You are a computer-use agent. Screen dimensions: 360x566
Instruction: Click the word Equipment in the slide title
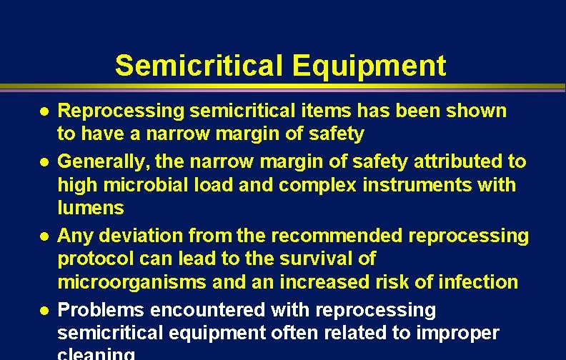[x=369, y=66]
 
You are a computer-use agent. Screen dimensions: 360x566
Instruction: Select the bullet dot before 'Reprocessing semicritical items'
[x=44, y=111]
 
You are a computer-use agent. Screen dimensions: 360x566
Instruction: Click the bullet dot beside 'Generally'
[x=44, y=162]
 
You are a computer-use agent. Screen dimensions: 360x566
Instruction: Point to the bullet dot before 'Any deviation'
[x=44, y=236]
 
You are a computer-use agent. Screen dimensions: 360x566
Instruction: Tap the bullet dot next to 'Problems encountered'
[x=44, y=311]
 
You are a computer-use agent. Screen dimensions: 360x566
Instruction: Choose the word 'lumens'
[x=91, y=208]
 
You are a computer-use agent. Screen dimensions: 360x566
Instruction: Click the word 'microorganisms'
[x=132, y=282]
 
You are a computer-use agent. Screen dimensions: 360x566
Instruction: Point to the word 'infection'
[x=473, y=282]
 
